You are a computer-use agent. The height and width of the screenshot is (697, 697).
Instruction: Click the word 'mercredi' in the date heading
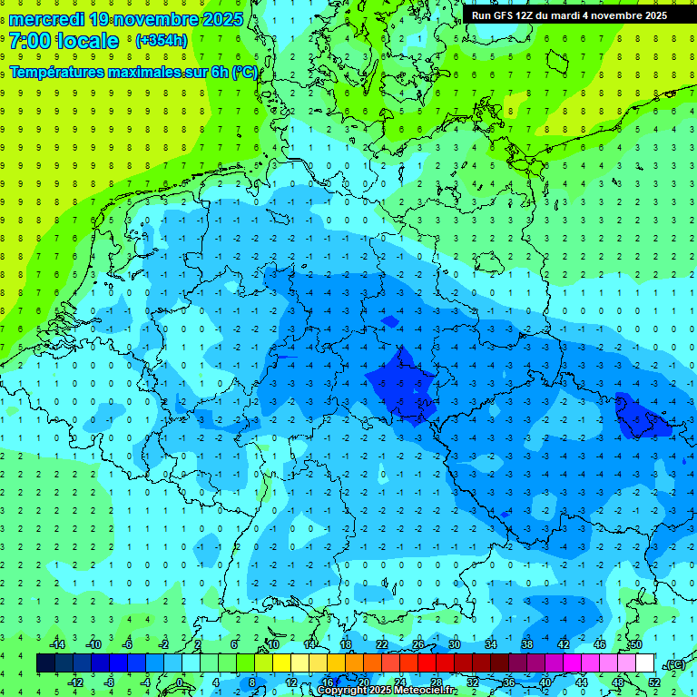coord(46,19)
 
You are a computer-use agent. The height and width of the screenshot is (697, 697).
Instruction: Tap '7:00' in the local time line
coord(31,41)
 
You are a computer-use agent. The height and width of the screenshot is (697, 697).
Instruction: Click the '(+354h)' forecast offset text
coord(162,41)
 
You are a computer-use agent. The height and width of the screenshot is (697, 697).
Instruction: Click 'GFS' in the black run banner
coord(508,15)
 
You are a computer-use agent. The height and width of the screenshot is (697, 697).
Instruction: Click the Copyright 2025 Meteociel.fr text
coord(387,691)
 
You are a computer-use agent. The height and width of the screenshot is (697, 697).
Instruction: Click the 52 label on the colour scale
coord(654,682)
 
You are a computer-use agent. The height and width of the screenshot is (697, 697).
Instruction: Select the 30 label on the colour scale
coord(454,644)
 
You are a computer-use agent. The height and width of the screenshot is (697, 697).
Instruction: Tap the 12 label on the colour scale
coord(290,682)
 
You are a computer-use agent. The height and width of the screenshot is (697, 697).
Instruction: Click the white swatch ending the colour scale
coord(644,663)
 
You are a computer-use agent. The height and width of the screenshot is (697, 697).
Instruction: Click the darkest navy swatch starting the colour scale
coord(45,663)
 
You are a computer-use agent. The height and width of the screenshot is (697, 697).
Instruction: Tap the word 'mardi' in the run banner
coord(570,15)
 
